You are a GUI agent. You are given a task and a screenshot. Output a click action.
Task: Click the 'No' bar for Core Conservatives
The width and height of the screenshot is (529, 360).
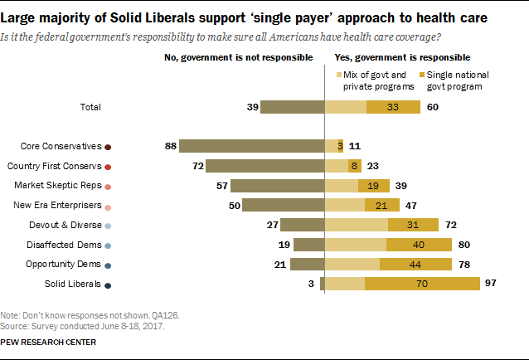[x=250, y=146]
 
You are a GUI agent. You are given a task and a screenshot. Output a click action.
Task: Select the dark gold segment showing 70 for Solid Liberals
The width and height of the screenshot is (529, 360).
[x=422, y=284]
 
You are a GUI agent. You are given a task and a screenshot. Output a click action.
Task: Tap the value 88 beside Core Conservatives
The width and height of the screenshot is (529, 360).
[x=172, y=146]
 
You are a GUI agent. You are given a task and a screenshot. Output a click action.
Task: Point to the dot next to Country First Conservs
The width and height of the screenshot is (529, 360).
[x=108, y=167]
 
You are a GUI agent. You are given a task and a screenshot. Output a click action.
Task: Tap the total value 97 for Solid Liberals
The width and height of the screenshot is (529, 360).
[x=492, y=284]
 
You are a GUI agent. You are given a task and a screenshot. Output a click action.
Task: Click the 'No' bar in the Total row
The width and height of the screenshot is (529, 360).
[x=291, y=106]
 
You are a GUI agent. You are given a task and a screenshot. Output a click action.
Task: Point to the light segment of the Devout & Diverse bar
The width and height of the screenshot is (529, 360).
[x=356, y=225]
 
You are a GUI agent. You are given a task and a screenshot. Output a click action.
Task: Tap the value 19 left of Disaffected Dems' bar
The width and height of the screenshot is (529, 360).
[x=284, y=245]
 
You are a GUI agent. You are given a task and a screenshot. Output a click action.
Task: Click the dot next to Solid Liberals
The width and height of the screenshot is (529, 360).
[x=108, y=285]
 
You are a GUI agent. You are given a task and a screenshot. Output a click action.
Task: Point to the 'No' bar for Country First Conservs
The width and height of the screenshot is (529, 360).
[x=264, y=166]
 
